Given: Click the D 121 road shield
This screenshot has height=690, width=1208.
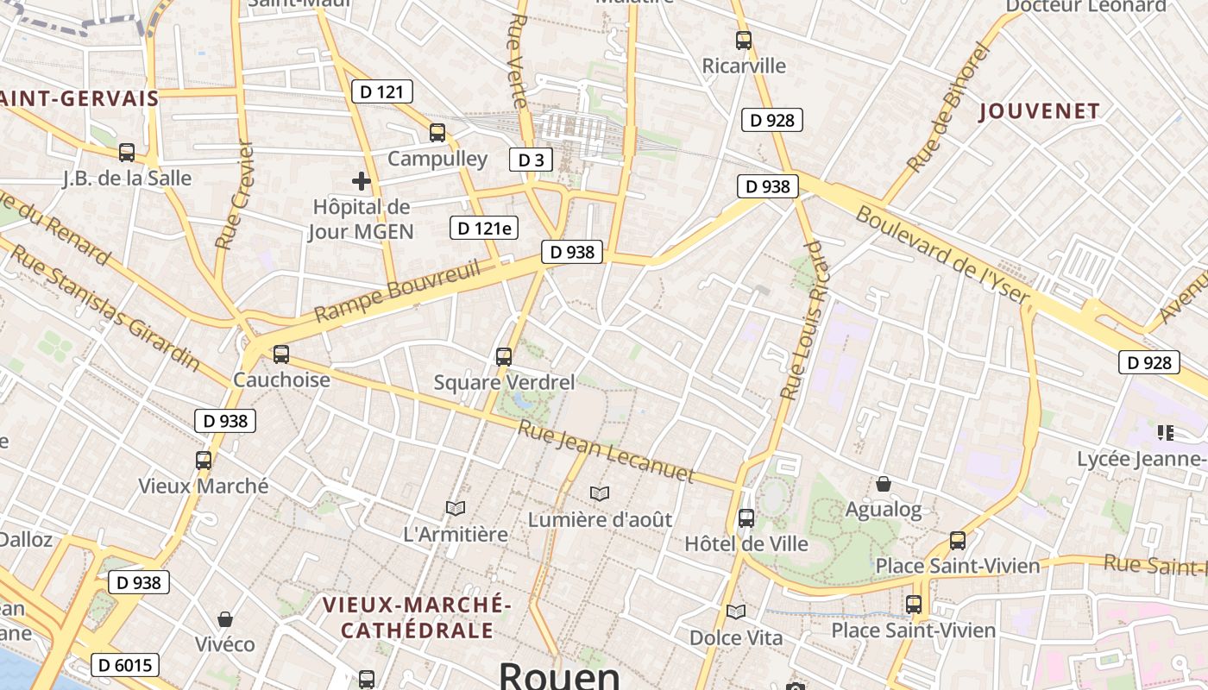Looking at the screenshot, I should [382, 91].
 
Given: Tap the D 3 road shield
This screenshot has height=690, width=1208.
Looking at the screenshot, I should [532, 160].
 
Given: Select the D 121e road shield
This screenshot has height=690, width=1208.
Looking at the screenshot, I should [484, 228].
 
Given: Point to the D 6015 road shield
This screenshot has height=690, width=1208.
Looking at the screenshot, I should [125, 665].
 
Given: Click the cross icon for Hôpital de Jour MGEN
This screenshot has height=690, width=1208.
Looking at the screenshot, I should [362, 181].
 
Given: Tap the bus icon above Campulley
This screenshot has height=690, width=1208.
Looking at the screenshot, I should [437, 133].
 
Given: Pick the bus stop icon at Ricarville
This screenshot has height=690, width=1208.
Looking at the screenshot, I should [744, 41].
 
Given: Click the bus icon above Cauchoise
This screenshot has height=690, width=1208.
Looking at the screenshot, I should [281, 354].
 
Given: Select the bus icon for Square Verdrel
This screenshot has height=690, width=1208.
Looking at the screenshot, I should [504, 356].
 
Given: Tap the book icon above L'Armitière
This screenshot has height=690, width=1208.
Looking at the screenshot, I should [456, 509].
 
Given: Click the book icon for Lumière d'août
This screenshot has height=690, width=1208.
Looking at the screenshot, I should [600, 493].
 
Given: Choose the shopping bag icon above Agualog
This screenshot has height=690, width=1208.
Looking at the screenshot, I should [884, 484].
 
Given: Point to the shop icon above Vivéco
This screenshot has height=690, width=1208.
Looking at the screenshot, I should [225, 619].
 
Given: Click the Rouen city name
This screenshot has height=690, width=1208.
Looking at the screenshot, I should [559, 675].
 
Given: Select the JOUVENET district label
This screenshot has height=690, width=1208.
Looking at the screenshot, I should [1040, 111].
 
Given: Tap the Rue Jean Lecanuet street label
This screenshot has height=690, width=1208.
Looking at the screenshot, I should [606, 451].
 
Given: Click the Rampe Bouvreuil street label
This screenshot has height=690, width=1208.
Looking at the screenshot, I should [397, 292].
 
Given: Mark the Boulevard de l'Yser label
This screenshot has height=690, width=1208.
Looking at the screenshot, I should [942, 255].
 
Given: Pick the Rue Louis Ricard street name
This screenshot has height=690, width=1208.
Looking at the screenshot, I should [803, 320].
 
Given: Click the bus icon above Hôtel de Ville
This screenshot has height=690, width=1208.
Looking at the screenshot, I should [746, 518].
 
